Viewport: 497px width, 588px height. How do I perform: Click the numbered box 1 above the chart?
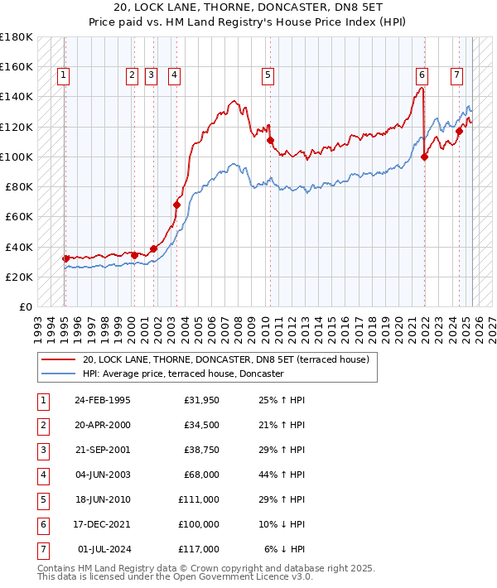tap(64, 75)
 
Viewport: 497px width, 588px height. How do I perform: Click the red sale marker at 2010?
tap(270, 141)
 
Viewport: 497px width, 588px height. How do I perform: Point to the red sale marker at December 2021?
tap(424, 157)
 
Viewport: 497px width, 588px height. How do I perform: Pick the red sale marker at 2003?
tap(176, 205)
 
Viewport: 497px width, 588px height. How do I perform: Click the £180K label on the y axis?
tap(16, 37)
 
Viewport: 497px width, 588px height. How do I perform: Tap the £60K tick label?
tap(18, 217)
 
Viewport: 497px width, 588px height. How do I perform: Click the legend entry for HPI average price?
tap(183, 374)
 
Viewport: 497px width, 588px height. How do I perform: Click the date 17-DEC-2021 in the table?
tap(102, 523)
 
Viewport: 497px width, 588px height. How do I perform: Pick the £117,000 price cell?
tap(200, 548)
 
